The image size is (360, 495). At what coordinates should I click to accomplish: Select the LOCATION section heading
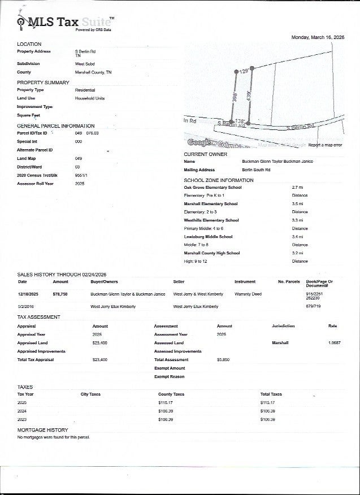(x=29, y=44)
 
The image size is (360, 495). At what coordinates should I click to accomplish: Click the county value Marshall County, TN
(x=93, y=72)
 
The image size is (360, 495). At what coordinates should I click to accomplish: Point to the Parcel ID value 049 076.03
(x=86, y=133)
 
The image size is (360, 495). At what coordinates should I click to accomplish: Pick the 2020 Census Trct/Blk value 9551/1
(x=81, y=175)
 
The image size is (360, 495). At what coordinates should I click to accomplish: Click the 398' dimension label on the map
(x=233, y=97)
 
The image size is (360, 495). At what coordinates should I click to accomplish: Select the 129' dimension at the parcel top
(x=244, y=72)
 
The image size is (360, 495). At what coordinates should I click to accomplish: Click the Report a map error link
(x=325, y=145)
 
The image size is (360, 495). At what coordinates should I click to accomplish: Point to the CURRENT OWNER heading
(x=206, y=154)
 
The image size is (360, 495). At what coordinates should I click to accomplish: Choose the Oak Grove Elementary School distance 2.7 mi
(x=297, y=187)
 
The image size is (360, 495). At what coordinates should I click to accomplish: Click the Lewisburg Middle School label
(x=208, y=237)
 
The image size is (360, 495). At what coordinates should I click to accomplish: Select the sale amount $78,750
(x=60, y=294)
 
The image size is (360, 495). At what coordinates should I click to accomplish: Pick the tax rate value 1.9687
(x=335, y=343)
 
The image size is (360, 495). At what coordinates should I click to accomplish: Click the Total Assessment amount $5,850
(x=223, y=359)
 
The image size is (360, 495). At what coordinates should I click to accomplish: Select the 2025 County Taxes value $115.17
(x=165, y=403)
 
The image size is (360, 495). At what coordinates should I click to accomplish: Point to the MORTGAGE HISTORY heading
(x=42, y=430)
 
